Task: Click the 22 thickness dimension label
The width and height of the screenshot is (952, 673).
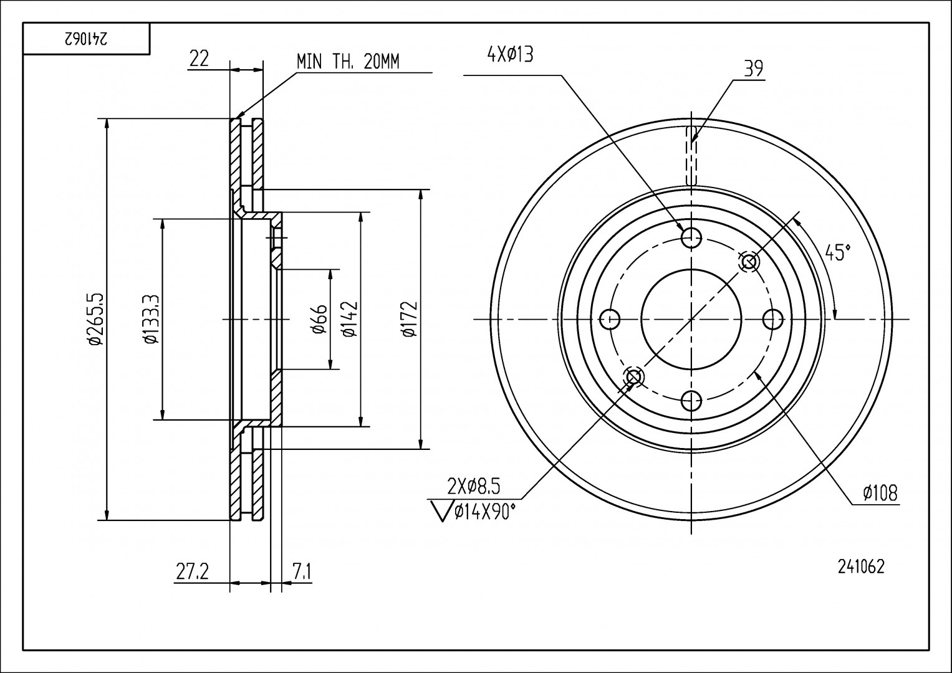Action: (x=199, y=59)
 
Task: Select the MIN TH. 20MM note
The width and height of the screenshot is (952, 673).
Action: (x=347, y=61)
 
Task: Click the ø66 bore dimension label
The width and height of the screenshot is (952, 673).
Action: (x=319, y=318)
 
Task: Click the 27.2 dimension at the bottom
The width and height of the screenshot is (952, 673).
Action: (x=191, y=571)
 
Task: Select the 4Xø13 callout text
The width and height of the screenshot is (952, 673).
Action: (x=510, y=55)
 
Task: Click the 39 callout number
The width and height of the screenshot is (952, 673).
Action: (x=753, y=69)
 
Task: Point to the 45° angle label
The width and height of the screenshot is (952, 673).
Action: (x=837, y=252)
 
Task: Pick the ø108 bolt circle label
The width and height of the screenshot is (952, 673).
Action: (x=880, y=494)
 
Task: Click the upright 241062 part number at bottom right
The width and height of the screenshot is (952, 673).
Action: (x=861, y=566)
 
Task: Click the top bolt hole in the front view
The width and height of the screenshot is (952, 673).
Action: (x=692, y=237)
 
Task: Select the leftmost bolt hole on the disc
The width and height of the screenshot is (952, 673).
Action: (x=610, y=320)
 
